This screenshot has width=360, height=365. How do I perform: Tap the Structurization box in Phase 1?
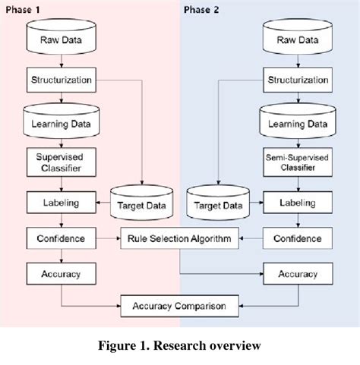(62, 79)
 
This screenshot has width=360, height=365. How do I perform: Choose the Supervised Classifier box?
(62, 162)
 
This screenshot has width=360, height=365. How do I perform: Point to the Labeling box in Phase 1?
(62, 203)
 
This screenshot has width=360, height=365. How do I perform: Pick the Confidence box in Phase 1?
(62, 238)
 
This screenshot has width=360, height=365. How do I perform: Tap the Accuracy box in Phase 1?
(62, 272)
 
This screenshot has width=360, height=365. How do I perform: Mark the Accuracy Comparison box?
(178, 307)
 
